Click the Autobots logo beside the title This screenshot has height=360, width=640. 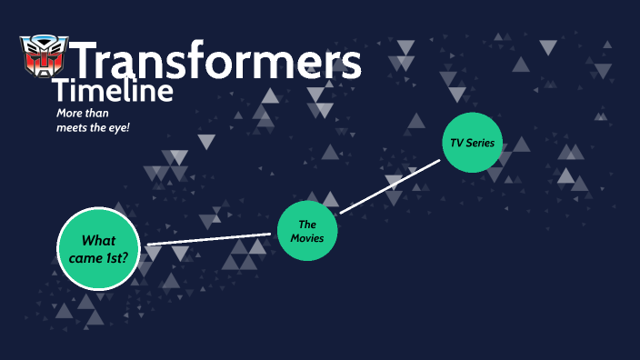coord(43,56)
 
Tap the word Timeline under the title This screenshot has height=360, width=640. coord(113,91)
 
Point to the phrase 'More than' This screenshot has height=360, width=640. coord(82,112)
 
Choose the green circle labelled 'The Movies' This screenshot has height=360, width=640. coord(307,231)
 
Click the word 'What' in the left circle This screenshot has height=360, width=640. coord(98,240)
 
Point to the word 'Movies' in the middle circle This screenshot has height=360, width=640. coord(307,238)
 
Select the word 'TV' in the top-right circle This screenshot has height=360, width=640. coord(456,144)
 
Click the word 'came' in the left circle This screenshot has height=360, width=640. coord(85,257)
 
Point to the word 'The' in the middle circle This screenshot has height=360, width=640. coord(307,224)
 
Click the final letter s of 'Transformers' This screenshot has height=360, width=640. coord(351,64)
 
